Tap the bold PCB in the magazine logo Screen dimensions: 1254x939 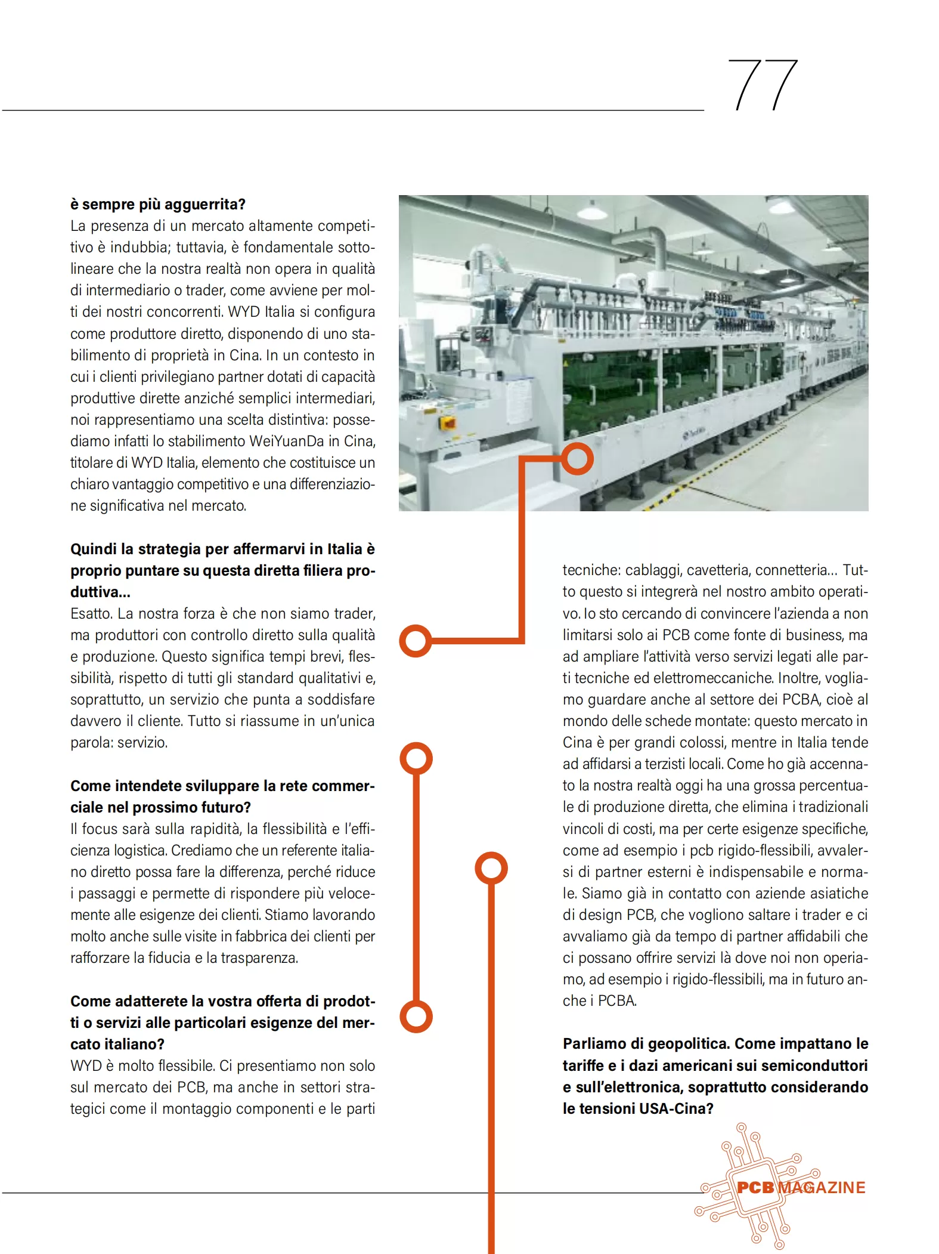tap(755, 1188)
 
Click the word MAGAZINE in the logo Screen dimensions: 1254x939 tap(822, 1188)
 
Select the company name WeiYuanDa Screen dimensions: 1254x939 tap(286, 441)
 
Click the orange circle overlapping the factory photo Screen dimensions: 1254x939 tap(577, 459)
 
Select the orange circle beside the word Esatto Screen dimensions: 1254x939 tap(416, 641)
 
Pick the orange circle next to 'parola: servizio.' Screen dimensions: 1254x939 tap(416, 759)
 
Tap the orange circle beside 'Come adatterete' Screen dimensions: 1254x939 tap(416, 1017)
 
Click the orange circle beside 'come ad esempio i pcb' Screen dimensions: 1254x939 tap(491, 868)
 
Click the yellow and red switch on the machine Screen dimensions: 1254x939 tap(447, 423)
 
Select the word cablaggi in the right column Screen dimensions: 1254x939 tap(653, 570)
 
